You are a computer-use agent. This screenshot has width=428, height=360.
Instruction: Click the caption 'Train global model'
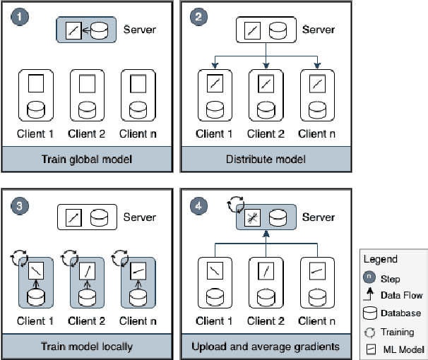(87, 159)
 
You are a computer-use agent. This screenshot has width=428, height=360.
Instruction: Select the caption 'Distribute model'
(266, 159)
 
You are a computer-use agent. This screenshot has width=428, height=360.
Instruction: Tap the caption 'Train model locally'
(87, 347)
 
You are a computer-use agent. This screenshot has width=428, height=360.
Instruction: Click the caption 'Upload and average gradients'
(266, 347)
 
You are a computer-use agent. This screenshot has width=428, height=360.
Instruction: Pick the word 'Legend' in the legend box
(381, 259)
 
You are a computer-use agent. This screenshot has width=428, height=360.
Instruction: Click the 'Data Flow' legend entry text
(402, 296)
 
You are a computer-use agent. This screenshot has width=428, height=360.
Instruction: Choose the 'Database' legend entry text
(400, 313)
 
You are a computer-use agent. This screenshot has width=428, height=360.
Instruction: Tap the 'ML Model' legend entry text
(400, 349)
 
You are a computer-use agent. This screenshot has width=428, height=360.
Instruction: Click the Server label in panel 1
(139, 30)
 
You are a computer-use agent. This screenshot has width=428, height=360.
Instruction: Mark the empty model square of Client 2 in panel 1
(88, 85)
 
